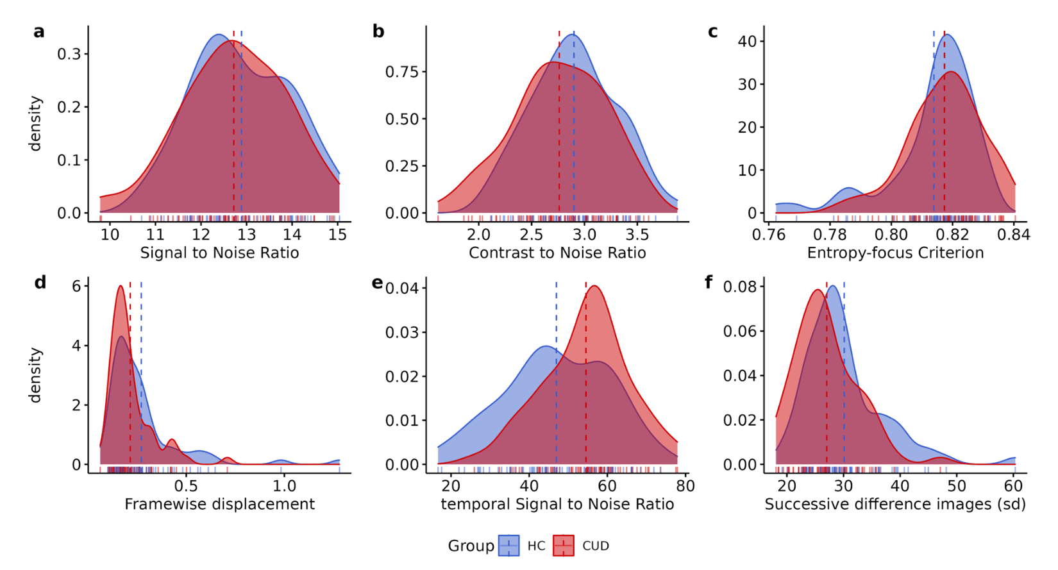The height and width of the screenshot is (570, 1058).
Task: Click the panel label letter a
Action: tap(39, 32)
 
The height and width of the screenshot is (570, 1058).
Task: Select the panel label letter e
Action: tap(378, 283)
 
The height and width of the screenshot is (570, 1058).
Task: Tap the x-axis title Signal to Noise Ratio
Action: tap(219, 253)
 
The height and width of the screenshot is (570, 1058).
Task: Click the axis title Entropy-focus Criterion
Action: tap(895, 253)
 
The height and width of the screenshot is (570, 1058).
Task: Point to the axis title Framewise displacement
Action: tap(219, 504)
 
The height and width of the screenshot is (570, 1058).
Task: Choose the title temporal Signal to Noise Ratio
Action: tap(557, 504)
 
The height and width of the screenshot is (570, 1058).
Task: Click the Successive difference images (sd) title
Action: tap(895, 504)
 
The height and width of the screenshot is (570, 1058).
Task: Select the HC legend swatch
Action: tap(509, 546)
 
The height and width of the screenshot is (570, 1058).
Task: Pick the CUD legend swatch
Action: tap(564, 546)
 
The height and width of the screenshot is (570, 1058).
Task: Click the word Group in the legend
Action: tap(471, 546)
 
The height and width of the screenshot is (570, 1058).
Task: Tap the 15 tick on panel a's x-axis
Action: tap(338, 234)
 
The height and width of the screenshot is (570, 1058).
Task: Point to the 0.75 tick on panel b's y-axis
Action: tap(401, 72)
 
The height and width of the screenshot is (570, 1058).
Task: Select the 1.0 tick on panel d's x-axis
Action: tap(282, 485)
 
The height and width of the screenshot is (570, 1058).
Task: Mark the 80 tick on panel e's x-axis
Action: tap(685, 485)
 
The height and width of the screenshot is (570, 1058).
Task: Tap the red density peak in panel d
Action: tap(120, 287)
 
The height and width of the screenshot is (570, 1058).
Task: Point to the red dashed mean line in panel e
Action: tap(585, 385)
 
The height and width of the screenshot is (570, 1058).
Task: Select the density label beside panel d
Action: tap(35, 375)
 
